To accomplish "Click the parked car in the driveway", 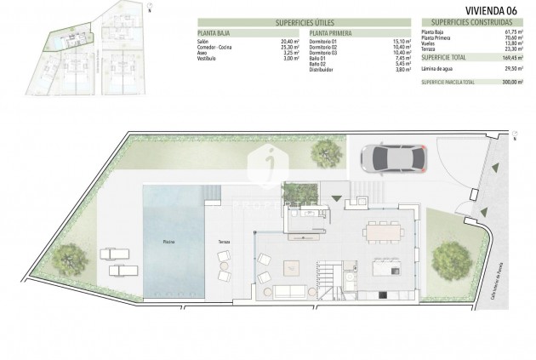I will [x=390, y=158].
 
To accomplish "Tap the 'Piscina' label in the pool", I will [x=170, y=242].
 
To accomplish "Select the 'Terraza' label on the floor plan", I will [x=223, y=242].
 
